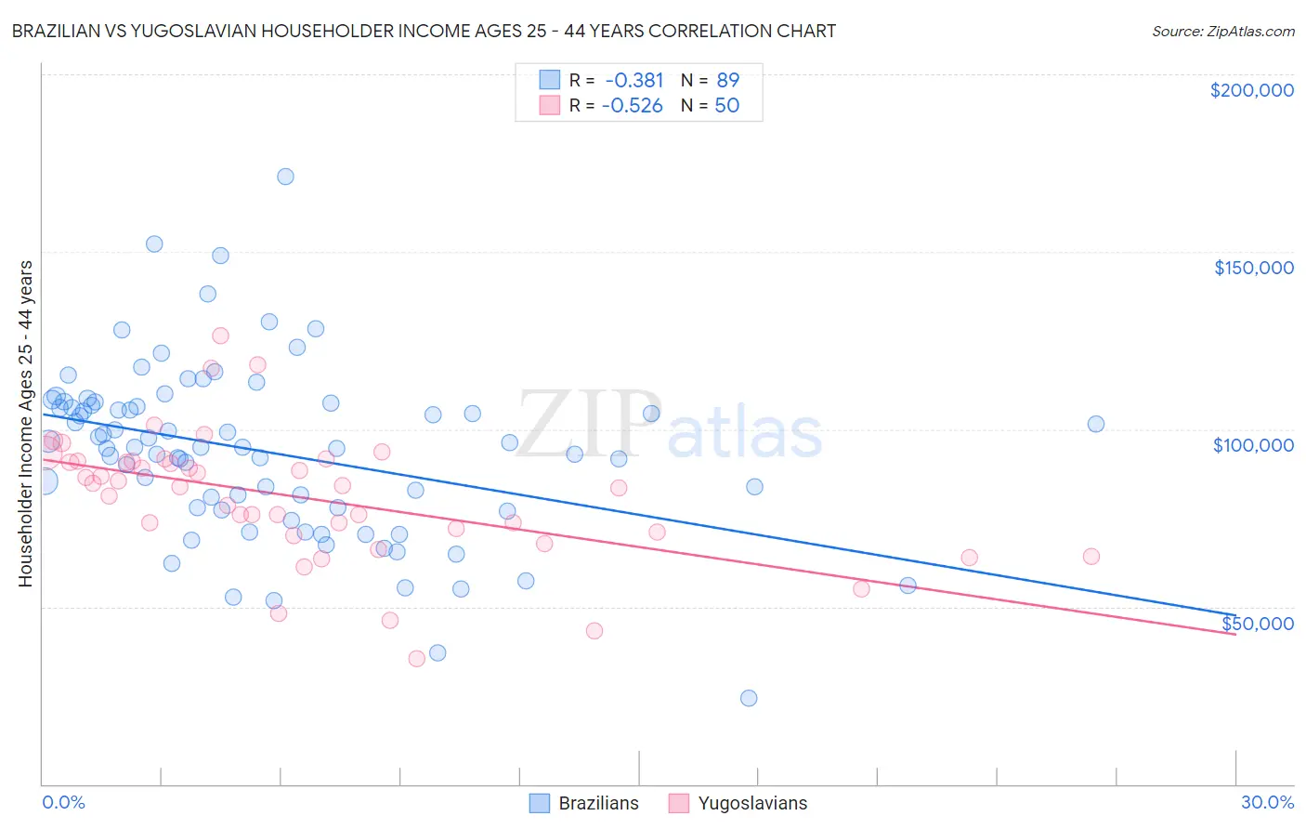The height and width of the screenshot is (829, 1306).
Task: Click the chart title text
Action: tap(424, 31)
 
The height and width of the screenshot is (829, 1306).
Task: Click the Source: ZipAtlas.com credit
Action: tap(1222, 31)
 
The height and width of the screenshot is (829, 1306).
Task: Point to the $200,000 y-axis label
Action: tap(1251, 90)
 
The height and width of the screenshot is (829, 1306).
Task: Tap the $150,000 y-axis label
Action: tap(1253, 268)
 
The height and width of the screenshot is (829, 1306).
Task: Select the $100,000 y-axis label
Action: tap(1253, 445)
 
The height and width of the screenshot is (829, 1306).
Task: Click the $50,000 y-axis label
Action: tap(1257, 623)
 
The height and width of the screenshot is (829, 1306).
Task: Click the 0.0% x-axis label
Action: tap(63, 802)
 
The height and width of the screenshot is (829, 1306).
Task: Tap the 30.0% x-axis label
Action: tap(1267, 802)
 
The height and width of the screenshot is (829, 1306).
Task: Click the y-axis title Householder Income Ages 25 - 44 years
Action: tap(25, 424)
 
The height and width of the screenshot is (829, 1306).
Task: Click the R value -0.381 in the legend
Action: tap(633, 80)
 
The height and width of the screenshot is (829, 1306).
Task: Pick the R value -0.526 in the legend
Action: tap(632, 105)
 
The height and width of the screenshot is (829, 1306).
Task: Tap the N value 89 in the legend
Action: tap(727, 80)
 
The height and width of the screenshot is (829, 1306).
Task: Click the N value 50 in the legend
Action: tap(726, 105)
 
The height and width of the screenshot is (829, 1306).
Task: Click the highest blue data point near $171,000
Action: tap(285, 177)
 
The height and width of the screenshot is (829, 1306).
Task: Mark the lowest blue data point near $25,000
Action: tap(749, 698)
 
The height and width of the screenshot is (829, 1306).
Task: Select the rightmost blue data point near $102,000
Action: tap(1096, 424)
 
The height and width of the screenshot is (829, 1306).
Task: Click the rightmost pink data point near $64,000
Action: tap(1091, 557)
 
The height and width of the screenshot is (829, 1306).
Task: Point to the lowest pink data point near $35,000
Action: tap(417, 659)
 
